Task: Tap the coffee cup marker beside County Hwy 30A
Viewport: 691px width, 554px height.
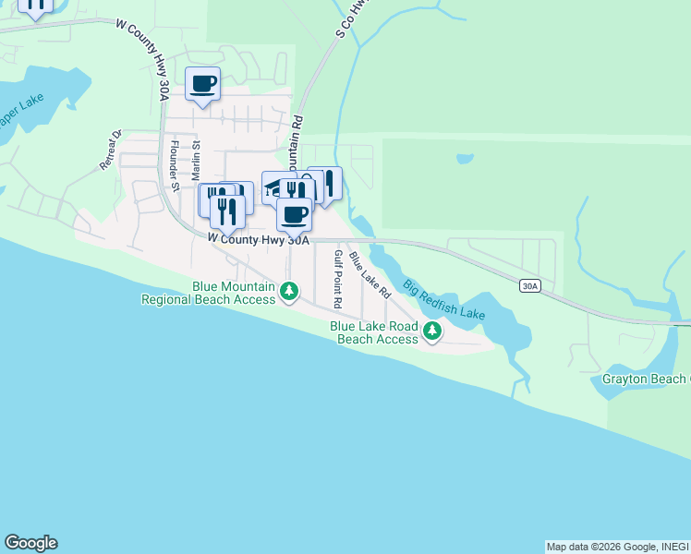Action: pos(294,215)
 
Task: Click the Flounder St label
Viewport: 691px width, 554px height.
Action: pos(174,164)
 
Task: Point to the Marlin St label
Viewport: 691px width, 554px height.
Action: pos(196,159)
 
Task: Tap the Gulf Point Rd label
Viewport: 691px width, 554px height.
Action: pos(338,279)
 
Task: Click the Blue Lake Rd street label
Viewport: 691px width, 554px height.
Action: pos(370,275)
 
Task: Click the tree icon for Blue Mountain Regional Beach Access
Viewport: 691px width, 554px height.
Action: pos(289,293)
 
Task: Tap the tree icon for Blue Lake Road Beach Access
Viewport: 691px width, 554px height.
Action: pos(431,331)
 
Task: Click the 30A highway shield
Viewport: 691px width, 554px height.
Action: pos(528,286)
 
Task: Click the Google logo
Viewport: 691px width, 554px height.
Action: pos(30,543)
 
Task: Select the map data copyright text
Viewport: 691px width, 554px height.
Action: pos(617,547)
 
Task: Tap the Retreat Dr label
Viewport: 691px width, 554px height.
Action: pos(111,150)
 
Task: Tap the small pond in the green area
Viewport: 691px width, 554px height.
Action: pos(465,159)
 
